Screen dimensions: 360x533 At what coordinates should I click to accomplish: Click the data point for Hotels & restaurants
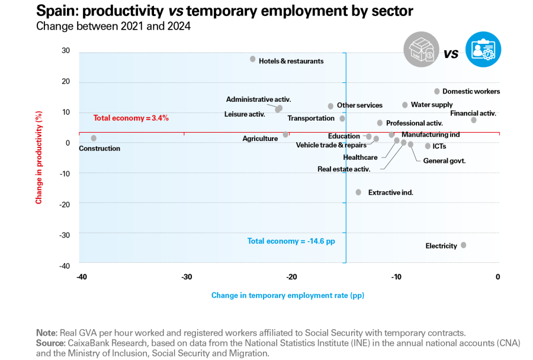253,59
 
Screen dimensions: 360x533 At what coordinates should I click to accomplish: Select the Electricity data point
463,245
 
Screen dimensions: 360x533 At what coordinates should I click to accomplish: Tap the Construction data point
94,138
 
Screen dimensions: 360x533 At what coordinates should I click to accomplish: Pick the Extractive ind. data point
358,192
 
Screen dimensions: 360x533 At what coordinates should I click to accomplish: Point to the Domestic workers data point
437,91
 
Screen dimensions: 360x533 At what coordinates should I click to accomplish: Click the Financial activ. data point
474,120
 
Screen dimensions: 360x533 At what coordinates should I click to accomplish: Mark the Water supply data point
405,105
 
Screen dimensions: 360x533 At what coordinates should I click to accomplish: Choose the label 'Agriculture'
260,139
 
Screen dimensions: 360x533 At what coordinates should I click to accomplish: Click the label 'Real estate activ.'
343,169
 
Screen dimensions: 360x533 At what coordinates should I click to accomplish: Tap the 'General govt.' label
444,160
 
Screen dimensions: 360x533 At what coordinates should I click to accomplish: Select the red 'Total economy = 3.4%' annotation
131,118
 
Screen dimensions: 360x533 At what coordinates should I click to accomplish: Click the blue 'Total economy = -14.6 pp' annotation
287,241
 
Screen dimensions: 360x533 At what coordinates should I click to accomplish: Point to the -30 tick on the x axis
186,277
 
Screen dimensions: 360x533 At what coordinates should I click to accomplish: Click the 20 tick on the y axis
66,82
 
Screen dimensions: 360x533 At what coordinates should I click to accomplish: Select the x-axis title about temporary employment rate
287,295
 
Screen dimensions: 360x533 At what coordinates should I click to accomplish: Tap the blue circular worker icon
483,50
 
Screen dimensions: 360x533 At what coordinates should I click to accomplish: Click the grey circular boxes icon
421,50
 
